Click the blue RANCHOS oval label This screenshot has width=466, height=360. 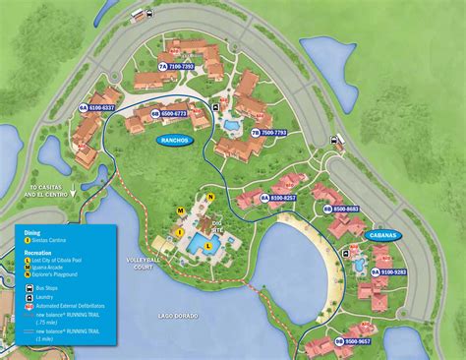point(175,141)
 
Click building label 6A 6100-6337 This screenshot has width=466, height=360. point(96,106)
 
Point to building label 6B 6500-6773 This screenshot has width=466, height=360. point(168,114)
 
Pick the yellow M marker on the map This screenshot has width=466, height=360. point(181,210)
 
